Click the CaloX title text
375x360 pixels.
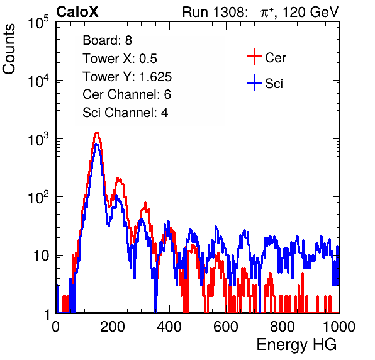click(x=77, y=12)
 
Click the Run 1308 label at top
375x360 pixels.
click(x=215, y=12)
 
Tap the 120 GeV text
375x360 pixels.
click(x=311, y=12)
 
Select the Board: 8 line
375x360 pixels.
click(x=107, y=40)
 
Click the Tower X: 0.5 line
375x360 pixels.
click(x=120, y=59)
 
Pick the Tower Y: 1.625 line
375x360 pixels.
click(x=127, y=77)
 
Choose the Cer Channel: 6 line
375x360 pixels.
click(x=126, y=94)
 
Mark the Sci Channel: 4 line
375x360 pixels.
click(x=125, y=112)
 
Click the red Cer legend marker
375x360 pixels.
click(x=254, y=57)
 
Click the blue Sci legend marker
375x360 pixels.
click(x=254, y=83)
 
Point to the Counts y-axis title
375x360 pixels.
click(x=9, y=48)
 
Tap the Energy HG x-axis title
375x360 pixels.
click(x=296, y=345)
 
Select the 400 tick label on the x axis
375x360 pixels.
click(x=169, y=327)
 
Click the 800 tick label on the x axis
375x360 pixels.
click(x=283, y=327)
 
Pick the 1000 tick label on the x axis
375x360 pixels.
click(x=339, y=327)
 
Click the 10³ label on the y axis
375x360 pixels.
click(x=38, y=139)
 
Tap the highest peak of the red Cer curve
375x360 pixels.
click(x=97, y=133)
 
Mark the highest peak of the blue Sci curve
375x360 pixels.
click(x=97, y=145)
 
